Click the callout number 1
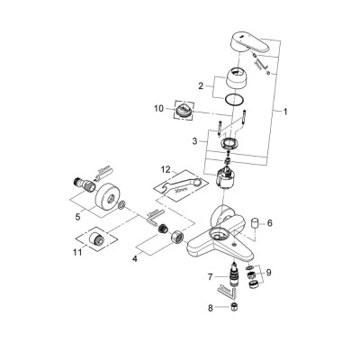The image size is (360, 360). click(x=286, y=114)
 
